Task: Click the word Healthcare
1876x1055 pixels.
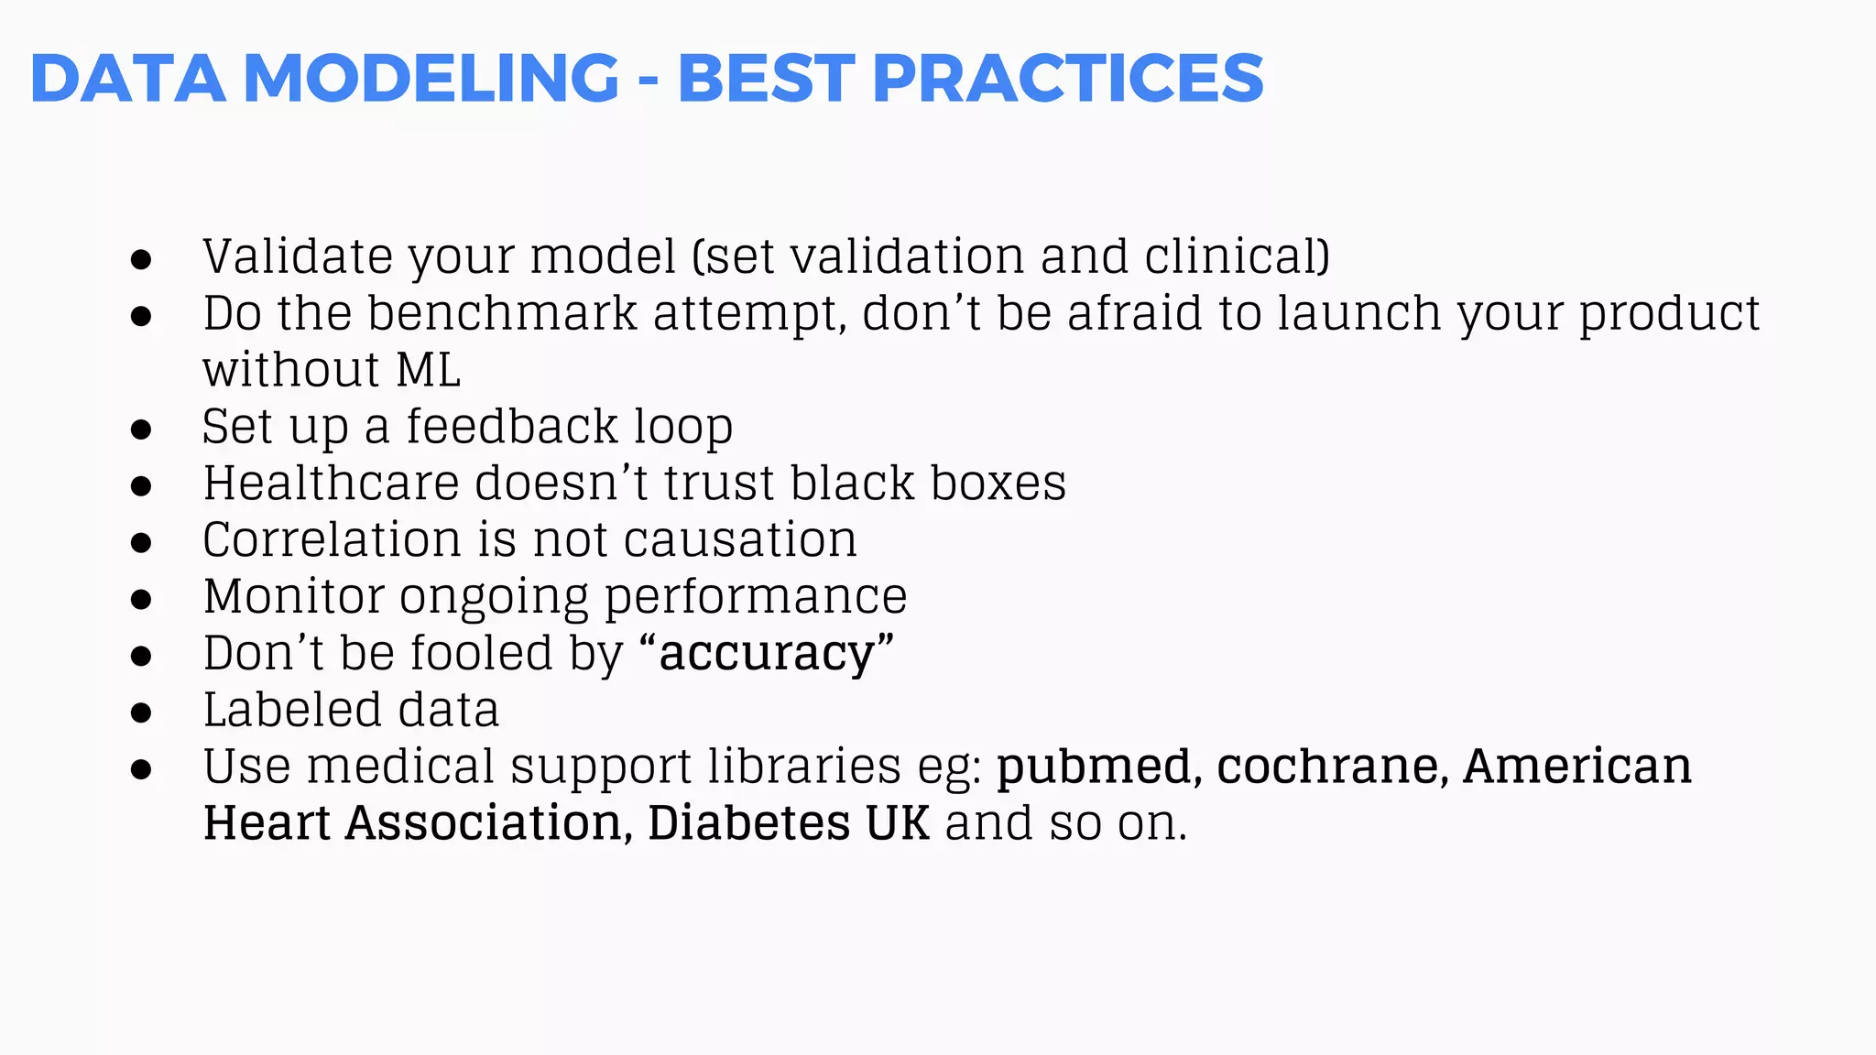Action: tap(331, 484)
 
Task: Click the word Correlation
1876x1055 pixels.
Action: tap(331, 540)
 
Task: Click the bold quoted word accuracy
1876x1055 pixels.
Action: tap(767, 654)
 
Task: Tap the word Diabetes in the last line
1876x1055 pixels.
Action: tap(747, 823)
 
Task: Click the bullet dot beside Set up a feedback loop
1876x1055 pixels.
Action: tap(141, 429)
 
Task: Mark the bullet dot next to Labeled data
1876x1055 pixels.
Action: tap(141, 712)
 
